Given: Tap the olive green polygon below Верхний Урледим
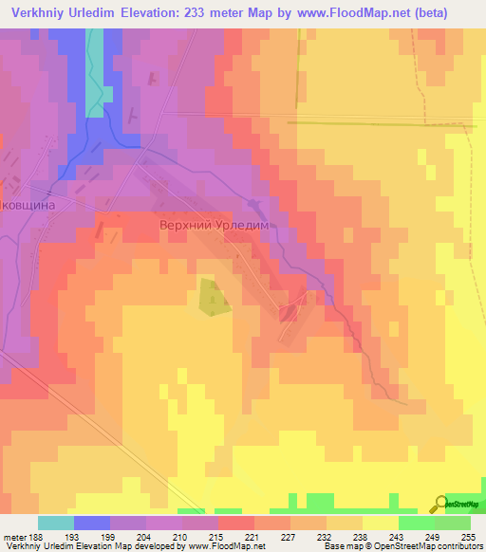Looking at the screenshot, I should click(x=212, y=297).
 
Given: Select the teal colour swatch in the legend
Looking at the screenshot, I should click(x=56, y=523).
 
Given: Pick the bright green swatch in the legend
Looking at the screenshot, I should click(x=417, y=523).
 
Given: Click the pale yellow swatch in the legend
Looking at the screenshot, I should click(x=381, y=523).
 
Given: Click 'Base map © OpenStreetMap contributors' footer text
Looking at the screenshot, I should click(x=400, y=547).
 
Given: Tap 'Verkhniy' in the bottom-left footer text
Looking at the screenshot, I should click(x=24, y=547).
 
